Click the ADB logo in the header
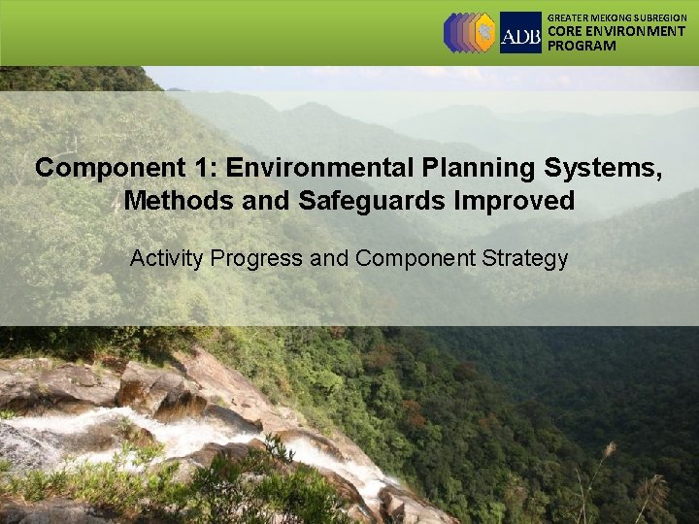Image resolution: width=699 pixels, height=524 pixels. pyautogui.click(x=520, y=33)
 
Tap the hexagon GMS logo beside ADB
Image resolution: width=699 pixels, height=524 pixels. pyautogui.click(x=469, y=32)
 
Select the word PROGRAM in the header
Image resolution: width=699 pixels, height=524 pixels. pyautogui.click(x=582, y=46)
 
